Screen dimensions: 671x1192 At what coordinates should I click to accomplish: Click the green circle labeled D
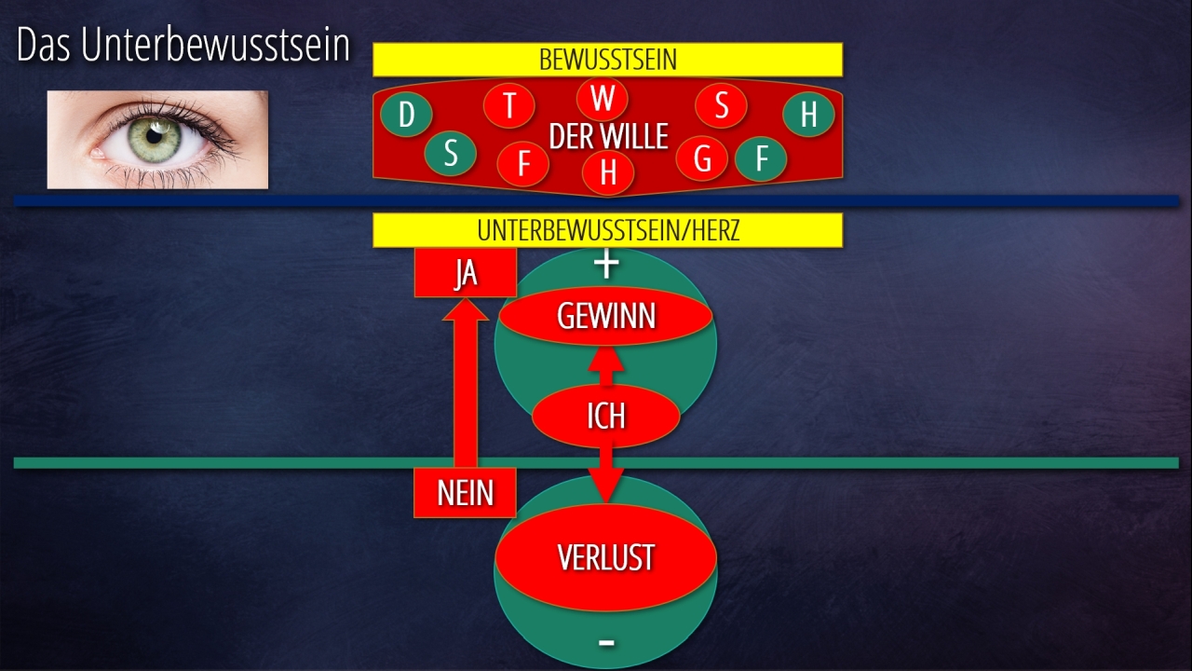[x=406, y=115]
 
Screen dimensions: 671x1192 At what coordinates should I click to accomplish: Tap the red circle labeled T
[x=509, y=105]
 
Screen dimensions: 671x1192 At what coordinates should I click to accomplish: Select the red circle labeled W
[x=603, y=98]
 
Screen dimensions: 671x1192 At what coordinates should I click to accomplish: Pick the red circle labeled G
[x=702, y=158]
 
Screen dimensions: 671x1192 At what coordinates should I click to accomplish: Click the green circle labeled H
[x=808, y=115]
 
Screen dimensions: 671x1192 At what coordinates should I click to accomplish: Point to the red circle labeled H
[x=608, y=172]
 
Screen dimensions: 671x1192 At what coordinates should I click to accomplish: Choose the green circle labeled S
[x=451, y=154]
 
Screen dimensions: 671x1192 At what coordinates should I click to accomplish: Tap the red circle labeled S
[x=721, y=105]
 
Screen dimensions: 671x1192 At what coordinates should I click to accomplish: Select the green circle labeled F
[x=761, y=158]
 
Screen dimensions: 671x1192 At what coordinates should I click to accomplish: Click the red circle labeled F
[x=522, y=164]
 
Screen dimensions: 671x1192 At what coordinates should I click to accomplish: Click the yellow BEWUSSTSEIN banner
[x=607, y=60]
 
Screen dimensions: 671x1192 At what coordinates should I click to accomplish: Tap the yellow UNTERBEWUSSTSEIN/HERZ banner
[x=607, y=230]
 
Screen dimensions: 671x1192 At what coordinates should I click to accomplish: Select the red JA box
[x=466, y=274]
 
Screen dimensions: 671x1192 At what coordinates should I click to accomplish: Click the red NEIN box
[x=465, y=492]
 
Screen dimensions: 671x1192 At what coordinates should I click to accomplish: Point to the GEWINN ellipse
[x=606, y=317]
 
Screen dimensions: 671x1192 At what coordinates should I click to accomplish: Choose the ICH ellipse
[x=605, y=416]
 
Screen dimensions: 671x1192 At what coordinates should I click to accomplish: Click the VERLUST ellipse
[x=605, y=557]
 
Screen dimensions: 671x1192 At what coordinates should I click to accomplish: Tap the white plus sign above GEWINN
[x=606, y=265]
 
